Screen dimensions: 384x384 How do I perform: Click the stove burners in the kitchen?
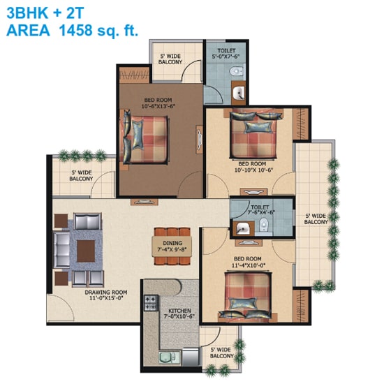pos(149,303)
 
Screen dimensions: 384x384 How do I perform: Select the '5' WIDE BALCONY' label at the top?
pos(171,59)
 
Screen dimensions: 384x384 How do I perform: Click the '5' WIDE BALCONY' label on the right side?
pos(316,219)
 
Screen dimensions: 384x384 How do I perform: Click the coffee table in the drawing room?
pos(87,249)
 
